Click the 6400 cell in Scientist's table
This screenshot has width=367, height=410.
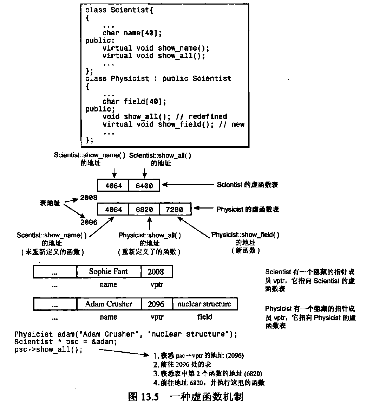pos(144,185)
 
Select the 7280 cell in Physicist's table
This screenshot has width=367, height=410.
pos(175,210)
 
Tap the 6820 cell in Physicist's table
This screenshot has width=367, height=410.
pos(144,210)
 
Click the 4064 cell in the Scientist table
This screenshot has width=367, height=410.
pos(113,185)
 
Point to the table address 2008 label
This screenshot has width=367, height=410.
pos(89,198)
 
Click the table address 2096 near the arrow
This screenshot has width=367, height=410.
pos(89,222)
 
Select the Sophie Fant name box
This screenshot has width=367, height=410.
pos(108,271)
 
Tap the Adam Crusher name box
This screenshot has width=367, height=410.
pos(109,304)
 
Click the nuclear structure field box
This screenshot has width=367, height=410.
pos(204,304)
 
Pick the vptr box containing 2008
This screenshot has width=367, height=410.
pos(156,271)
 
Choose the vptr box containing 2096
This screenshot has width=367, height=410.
pos(156,304)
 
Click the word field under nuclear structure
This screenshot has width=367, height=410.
pos(204,317)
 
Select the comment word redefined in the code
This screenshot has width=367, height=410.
pos(208,116)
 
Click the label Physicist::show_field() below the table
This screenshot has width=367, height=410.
pos(245,235)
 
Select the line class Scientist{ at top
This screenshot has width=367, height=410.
pos(119,10)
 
